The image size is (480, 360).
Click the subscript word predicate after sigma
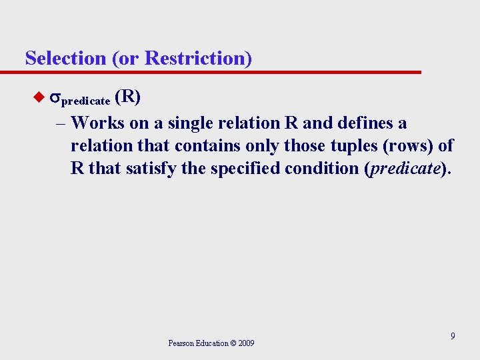click(86, 101)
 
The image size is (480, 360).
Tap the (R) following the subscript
click(127, 97)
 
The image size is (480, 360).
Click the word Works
click(95, 123)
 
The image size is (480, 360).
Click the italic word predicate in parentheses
click(405, 169)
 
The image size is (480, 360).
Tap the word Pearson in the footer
click(181, 343)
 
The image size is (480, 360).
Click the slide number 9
click(453, 336)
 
